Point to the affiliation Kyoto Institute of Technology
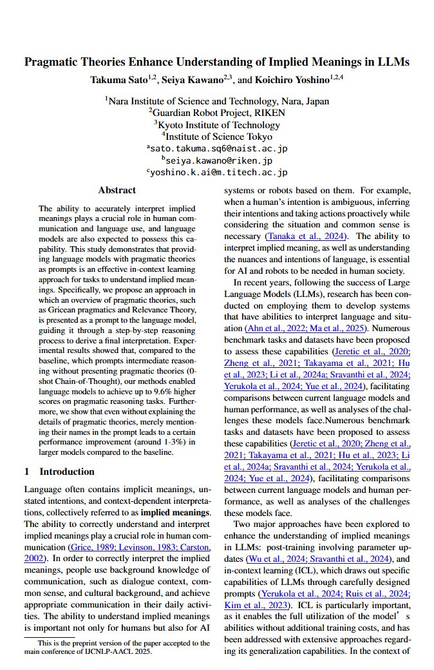(x=219, y=124)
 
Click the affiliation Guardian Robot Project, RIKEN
(x=219, y=113)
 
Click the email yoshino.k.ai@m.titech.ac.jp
(x=219, y=172)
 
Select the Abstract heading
(x=117, y=190)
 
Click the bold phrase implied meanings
(x=182, y=512)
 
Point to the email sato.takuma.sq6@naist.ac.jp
(x=219, y=148)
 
